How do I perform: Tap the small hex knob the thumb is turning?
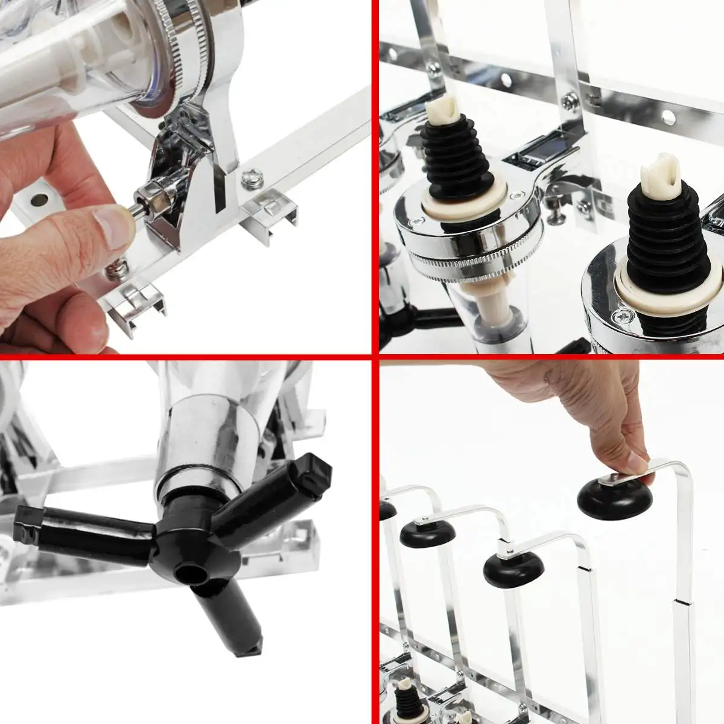click(147, 199)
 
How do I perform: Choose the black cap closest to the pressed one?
click(513, 567)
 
